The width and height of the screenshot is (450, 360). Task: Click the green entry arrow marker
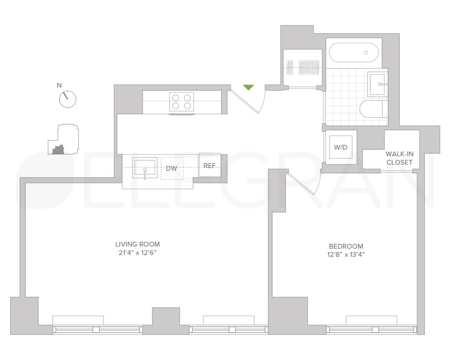click(x=248, y=87)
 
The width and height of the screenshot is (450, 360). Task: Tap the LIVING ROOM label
click(x=137, y=244)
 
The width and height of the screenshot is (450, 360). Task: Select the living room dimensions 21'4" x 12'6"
click(x=137, y=253)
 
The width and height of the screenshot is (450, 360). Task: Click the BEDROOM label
click(x=346, y=246)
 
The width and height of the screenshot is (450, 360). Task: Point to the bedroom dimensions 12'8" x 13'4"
click(x=346, y=255)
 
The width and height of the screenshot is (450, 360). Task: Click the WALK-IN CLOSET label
click(x=399, y=158)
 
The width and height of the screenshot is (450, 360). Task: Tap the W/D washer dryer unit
click(x=341, y=147)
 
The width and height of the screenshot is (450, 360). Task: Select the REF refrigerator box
click(x=210, y=165)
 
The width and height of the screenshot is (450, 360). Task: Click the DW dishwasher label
click(x=172, y=168)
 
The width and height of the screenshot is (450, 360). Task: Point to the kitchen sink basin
click(x=145, y=168)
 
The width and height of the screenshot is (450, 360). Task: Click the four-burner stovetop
click(x=181, y=102)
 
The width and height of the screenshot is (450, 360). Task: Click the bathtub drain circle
click(x=366, y=52)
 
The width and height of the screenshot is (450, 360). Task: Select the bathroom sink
click(x=377, y=84)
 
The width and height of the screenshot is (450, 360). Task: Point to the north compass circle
click(x=67, y=100)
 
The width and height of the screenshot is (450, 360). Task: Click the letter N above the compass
click(x=60, y=85)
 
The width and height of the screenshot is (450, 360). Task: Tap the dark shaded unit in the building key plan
click(x=58, y=149)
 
